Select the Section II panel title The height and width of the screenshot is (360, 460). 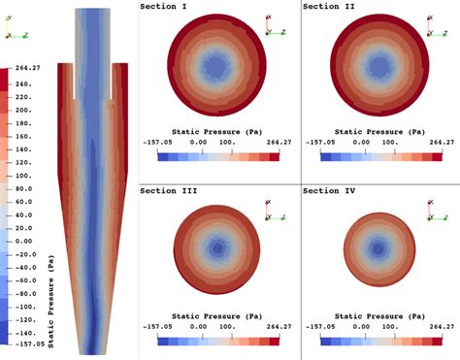coord(329,7)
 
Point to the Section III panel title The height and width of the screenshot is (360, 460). coord(167,191)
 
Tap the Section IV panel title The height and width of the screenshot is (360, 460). coord(329,191)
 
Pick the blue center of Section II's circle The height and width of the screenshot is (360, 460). coord(380,66)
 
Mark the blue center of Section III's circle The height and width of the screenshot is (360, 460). coord(217,248)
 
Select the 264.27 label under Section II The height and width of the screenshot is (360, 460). coord(441,142)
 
